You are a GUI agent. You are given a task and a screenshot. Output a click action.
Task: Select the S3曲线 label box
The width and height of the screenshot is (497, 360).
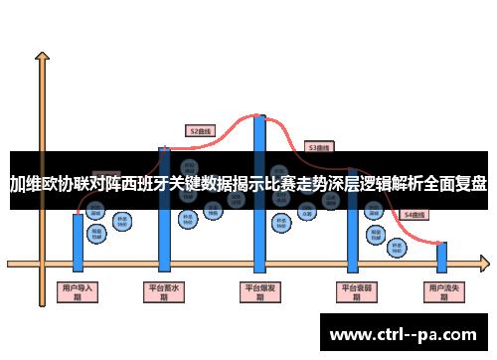[318, 147]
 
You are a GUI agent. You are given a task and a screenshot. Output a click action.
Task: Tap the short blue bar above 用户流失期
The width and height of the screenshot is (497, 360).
[441, 257]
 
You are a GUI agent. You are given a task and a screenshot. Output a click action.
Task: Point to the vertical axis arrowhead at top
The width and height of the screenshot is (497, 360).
[42, 58]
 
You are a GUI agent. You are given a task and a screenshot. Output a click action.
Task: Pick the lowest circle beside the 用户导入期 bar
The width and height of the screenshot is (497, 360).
[96, 233]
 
